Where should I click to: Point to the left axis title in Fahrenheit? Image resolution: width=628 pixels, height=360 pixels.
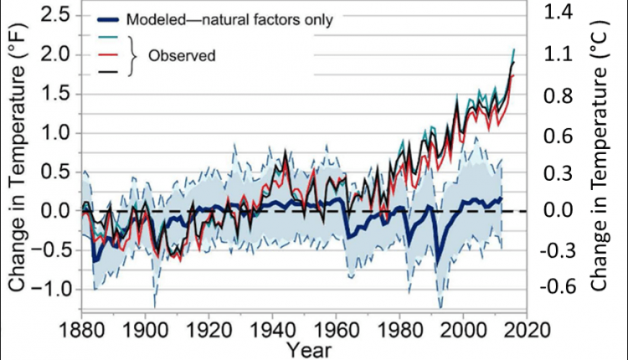18,160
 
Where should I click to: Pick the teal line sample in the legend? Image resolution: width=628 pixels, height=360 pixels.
111,38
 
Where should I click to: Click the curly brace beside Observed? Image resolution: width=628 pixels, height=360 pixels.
132,56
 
